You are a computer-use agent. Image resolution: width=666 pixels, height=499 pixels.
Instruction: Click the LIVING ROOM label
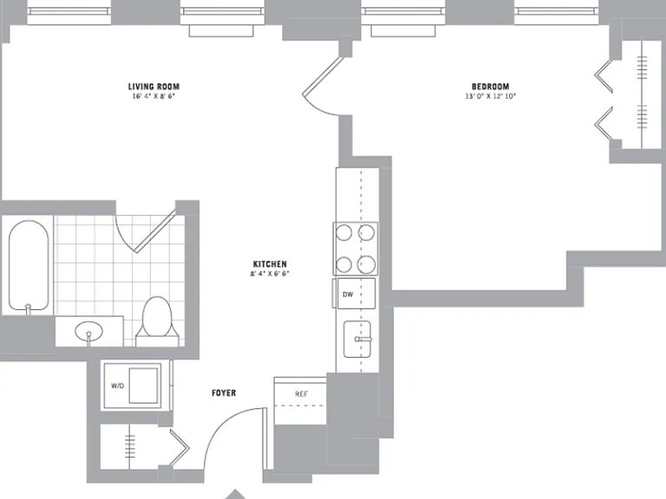pyautogui.click(x=153, y=87)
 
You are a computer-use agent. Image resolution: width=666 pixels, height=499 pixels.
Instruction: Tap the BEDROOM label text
pyautogui.click(x=490, y=87)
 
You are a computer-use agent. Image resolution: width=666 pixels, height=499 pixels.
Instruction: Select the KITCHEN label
pyautogui.click(x=270, y=264)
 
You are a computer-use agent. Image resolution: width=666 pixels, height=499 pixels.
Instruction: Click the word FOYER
pyautogui.click(x=224, y=393)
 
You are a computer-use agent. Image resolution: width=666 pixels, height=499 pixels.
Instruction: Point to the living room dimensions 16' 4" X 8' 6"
pyautogui.click(x=153, y=96)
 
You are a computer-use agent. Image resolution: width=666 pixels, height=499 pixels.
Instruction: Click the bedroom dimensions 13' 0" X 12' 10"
pyautogui.click(x=490, y=96)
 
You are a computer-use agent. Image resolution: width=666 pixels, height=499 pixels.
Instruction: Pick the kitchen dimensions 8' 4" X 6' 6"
pyautogui.click(x=270, y=274)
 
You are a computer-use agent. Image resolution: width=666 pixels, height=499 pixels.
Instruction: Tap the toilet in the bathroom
pyautogui.click(x=157, y=321)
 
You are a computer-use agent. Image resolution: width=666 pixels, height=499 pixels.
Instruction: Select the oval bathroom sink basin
pyautogui.click(x=88, y=331)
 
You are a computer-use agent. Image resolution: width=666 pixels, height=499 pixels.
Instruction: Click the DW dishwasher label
pyautogui.click(x=348, y=294)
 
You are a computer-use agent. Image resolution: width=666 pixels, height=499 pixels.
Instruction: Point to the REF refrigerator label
pyautogui.click(x=301, y=394)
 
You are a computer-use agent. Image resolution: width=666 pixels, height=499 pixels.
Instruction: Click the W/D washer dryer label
pyautogui.click(x=117, y=386)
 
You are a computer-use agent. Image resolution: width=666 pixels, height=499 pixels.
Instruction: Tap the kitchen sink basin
pyautogui.click(x=357, y=339)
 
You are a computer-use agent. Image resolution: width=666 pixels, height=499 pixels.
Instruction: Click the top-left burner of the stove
pyautogui.click(x=343, y=233)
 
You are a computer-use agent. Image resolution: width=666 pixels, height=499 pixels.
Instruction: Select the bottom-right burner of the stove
pyautogui.click(x=366, y=265)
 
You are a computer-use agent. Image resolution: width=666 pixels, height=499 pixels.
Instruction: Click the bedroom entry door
pyautogui.click(x=323, y=75)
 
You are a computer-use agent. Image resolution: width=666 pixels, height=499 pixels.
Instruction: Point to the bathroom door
pyautogui.click(x=155, y=231)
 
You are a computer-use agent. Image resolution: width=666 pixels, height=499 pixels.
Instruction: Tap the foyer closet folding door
pyautogui.click(x=180, y=448)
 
